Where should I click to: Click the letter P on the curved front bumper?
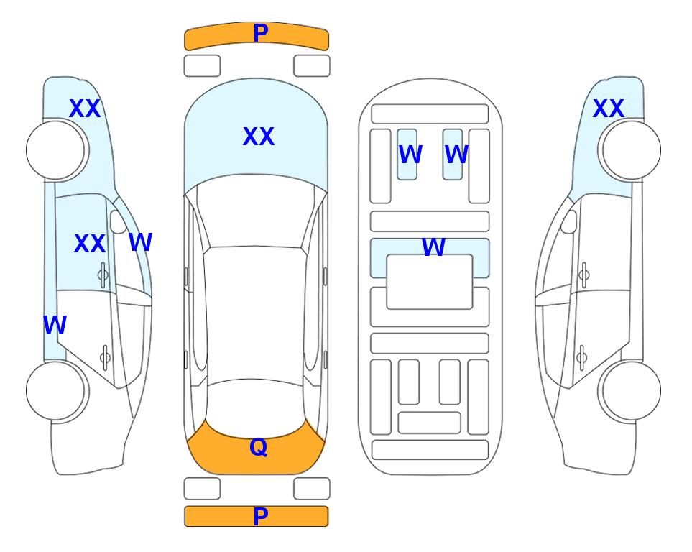[260, 32]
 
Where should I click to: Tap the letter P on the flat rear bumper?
[260, 516]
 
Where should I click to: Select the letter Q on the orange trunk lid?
[259, 447]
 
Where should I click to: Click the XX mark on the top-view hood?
[259, 137]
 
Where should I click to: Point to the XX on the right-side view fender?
[608, 109]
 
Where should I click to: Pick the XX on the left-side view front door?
[90, 244]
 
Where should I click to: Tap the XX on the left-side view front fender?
[85, 109]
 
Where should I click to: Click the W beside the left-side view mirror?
[140, 242]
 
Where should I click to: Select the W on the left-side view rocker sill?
[55, 325]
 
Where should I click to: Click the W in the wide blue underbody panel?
[433, 247]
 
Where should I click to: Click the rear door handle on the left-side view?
[105, 357]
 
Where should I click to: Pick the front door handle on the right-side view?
[584, 275]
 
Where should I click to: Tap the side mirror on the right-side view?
[569, 221]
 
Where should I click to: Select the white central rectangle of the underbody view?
[430, 282]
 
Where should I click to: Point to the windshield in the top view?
[256, 211]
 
